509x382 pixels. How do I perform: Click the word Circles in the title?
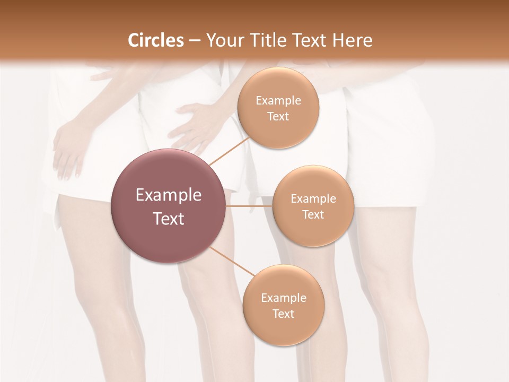(x=156, y=40)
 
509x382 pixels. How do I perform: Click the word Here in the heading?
(x=353, y=40)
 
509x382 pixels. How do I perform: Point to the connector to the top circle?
(x=229, y=150)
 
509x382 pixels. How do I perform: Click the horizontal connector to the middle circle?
(x=249, y=206)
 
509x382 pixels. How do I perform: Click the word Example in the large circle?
(x=169, y=195)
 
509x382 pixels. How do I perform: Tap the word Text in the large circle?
(x=169, y=219)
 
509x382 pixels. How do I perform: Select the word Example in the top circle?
(x=278, y=100)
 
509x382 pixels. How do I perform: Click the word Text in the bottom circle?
(x=283, y=314)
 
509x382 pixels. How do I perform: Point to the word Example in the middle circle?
(x=313, y=199)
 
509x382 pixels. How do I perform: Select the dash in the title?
(x=195, y=40)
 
